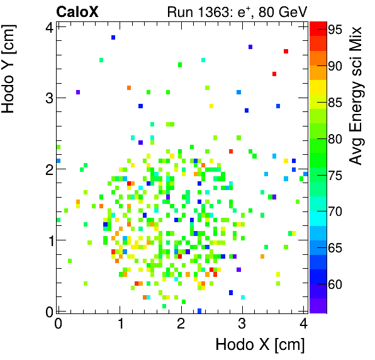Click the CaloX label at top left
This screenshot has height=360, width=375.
point(77,11)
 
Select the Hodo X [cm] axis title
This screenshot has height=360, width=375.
point(260,344)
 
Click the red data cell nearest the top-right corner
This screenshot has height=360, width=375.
point(286,51)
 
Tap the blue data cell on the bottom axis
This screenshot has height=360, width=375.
point(199,310)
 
